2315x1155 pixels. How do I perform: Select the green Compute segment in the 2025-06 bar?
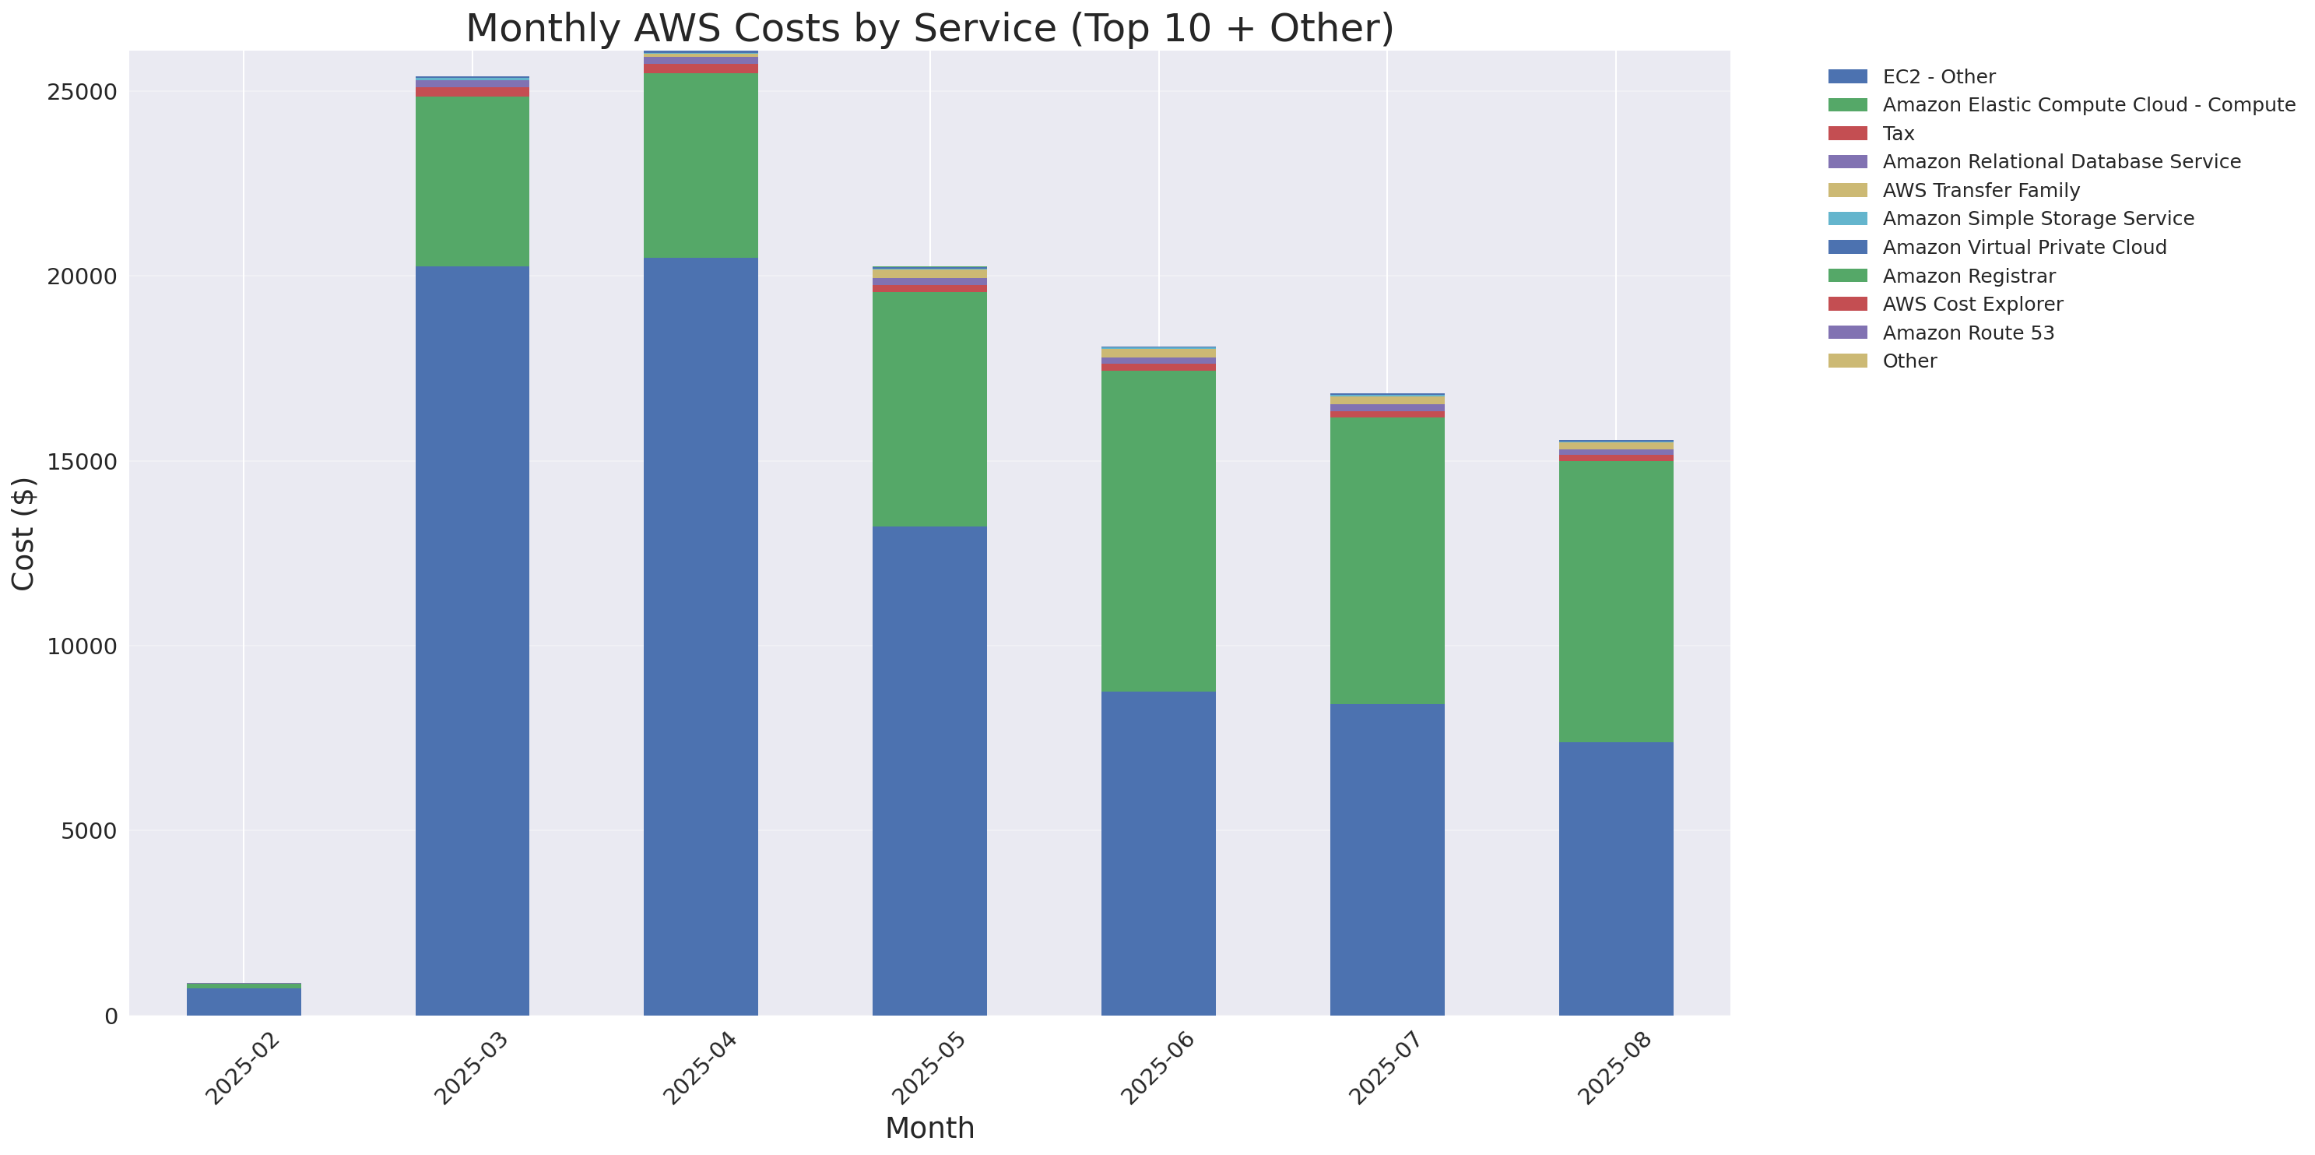pos(1158,530)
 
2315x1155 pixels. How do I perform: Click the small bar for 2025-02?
pos(244,1000)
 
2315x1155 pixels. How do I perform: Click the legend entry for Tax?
pos(1898,134)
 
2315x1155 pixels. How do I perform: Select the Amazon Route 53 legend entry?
pos(1967,333)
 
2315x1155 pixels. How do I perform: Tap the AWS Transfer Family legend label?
pos(1981,191)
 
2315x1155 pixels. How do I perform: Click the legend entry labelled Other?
pos(1909,361)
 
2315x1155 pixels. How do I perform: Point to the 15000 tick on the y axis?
pos(82,462)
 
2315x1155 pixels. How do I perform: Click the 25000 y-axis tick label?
pos(82,93)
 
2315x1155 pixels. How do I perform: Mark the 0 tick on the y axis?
pos(111,1016)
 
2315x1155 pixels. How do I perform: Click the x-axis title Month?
pos(929,1128)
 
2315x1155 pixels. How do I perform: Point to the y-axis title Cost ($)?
pos(23,534)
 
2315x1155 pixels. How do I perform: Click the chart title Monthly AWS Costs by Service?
pos(929,28)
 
